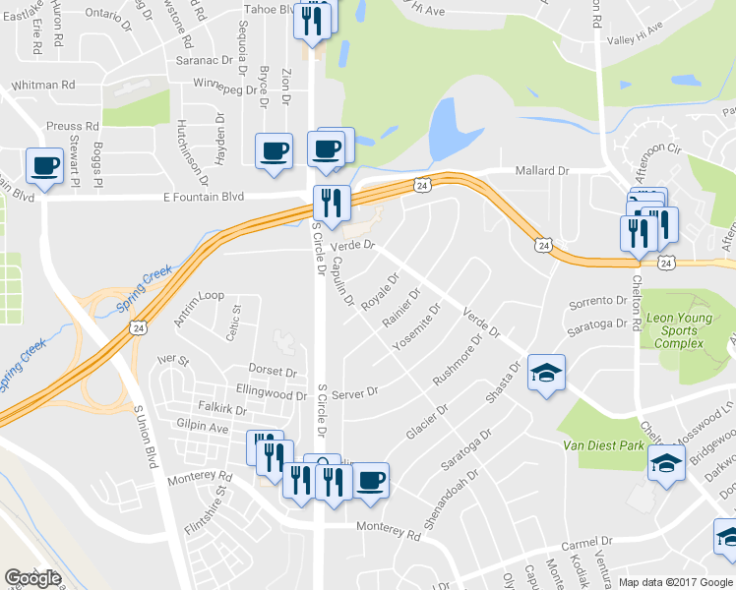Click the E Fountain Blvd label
(x=203, y=197)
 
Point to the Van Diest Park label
(x=603, y=445)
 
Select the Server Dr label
(x=354, y=393)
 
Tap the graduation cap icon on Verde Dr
(x=546, y=372)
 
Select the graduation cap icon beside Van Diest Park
(x=666, y=461)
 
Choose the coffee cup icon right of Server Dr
(x=371, y=480)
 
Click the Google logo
(x=32, y=578)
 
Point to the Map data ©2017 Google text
(x=676, y=582)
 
